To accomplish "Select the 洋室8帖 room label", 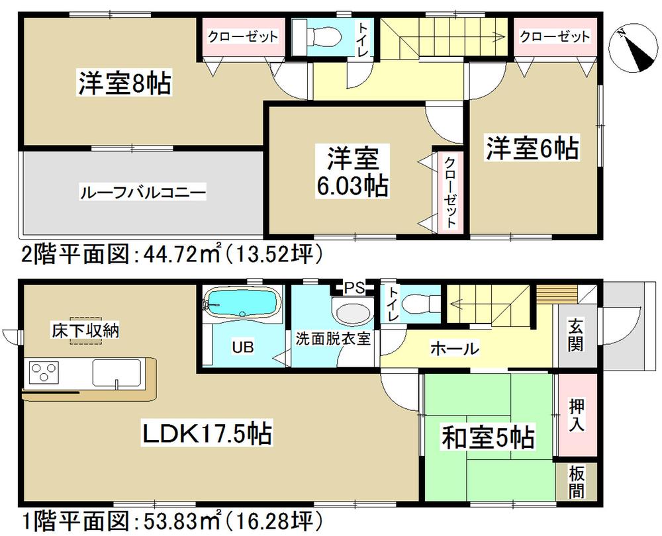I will point(126,84).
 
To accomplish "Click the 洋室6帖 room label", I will point(532,147).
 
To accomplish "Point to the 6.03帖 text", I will point(352,187).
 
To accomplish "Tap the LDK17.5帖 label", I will point(207,434).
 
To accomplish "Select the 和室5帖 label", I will point(489,437).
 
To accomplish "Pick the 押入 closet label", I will point(575,414).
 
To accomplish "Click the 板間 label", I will point(575,482).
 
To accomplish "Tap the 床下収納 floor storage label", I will point(87,331).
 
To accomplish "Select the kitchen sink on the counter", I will point(117,375).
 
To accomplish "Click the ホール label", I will point(454,348).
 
